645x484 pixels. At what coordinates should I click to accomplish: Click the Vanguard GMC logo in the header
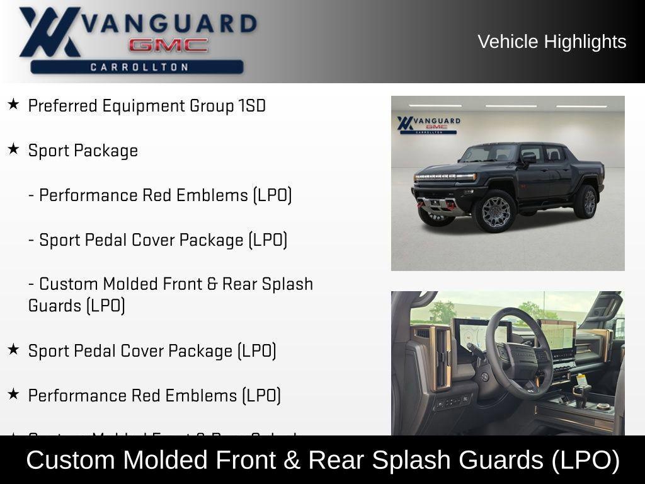(x=137, y=39)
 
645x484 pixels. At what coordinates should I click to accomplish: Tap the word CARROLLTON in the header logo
(x=139, y=67)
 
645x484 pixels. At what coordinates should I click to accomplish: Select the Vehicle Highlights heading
(x=552, y=42)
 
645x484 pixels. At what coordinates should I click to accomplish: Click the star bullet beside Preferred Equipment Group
(x=13, y=104)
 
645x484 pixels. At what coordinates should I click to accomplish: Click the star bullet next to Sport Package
(x=13, y=149)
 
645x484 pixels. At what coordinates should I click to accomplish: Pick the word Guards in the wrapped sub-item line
(x=55, y=306)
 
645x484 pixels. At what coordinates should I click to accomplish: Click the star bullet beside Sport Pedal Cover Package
(x=13, y=349)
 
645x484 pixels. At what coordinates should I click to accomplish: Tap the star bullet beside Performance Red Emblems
(x=13, y=394)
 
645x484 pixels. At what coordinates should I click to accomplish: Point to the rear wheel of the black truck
(x=586, y=201)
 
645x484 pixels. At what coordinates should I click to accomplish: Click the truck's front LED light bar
(x=445, y=177)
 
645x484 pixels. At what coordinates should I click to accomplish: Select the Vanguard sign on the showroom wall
(x=428, y=124)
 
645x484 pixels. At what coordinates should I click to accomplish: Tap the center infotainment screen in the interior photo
(x=558, y=338)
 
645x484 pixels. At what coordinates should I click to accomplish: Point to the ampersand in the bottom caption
(x=291, y=460)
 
